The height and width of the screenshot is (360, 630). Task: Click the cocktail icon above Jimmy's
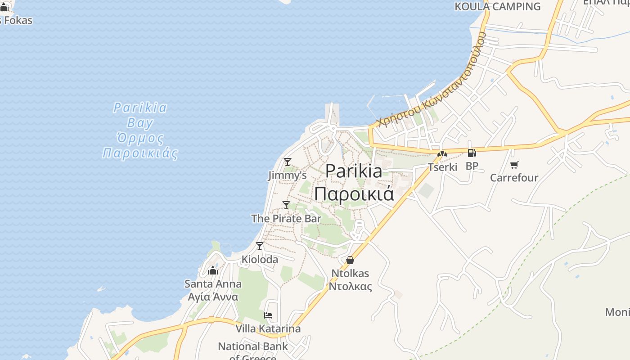click(x=287, y=162)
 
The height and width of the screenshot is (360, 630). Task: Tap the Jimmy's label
click(x=287, y=175)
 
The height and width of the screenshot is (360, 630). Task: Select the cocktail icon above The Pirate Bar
click(x=286, y=205)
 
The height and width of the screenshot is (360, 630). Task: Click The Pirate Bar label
click(x=286, y=219)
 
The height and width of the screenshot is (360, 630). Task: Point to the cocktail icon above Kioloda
click(x=260, y=246)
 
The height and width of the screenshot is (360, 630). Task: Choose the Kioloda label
click(x=260, y=260)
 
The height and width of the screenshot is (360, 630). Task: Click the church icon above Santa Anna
click(x=213, y=270)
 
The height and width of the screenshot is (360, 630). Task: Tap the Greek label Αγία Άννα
click(x=213, y=297)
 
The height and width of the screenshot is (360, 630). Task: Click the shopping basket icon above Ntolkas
click(x=350, y=260)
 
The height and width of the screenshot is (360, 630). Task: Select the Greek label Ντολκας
click(x=350, y=287)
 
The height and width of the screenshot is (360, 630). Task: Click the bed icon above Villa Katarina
click(x=268, y=315)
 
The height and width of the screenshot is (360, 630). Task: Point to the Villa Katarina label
click(x=268, y=328)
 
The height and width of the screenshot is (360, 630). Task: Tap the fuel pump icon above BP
click(x=472, y=153)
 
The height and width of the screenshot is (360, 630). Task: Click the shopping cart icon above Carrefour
click(x=514, y=165)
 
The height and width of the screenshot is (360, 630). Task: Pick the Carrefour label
click(x=514, y=178)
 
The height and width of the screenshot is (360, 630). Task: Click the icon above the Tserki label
click(x=442, y=154)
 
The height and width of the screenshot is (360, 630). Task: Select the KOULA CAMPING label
click(x=497, y=6)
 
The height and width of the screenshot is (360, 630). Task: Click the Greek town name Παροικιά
click(x=354, y=194)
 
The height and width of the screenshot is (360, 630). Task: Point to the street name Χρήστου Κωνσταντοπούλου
click(x=432, y=81)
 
